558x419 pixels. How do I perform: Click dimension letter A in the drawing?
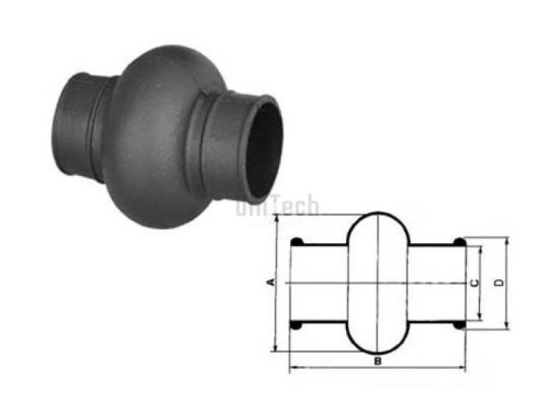pyautogui.click(x=270, y=280)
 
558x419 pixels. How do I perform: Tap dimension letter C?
pyautogui.click(x=474, y=282)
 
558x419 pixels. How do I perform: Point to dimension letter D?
pyautogui.click(x=499, y=282)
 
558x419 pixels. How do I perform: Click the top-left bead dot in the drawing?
pyautogui.click(x=296, y=243)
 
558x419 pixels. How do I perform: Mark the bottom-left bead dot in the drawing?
pyautogui.click(x=296, y=326)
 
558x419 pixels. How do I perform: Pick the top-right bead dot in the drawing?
pyautogui.click(x=458, y=243)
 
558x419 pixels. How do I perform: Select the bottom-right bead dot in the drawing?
pyautogui.click(x=458, y=326)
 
